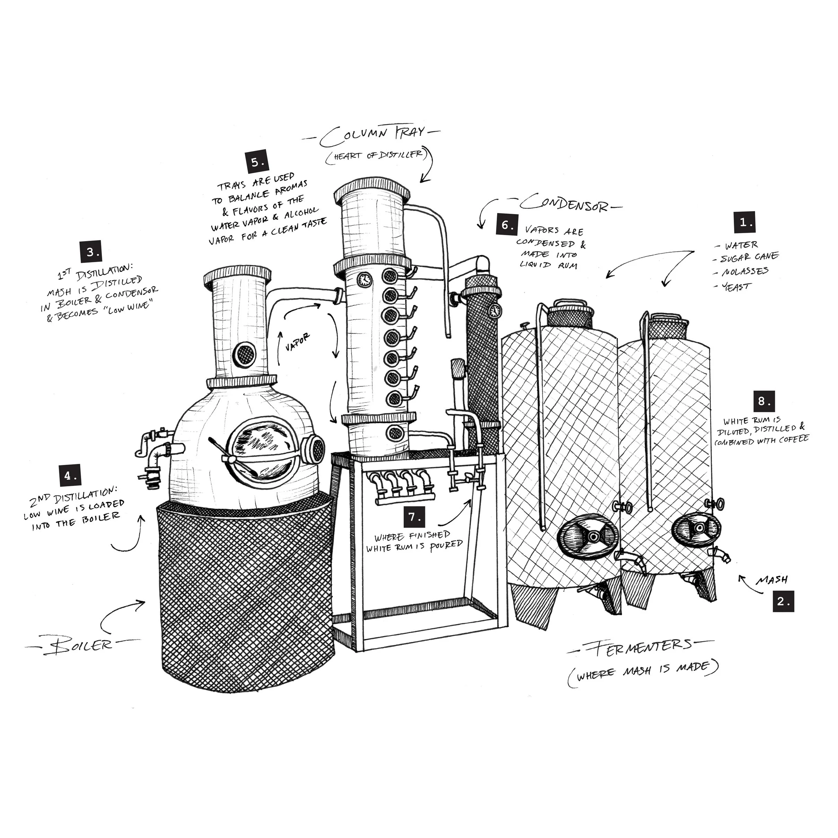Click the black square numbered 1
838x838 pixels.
pos(744,222)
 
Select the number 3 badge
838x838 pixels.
pos(91,252)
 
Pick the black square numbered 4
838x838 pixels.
pos(70,476)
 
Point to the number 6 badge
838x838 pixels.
pos(507,225)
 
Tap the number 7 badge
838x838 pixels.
pos(414,517)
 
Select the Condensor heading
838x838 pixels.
pos(565,203)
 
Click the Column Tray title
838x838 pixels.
pos(372,136)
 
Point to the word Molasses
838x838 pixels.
pos(745,272)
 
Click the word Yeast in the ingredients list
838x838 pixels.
pos(736,286)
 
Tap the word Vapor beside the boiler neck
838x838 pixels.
pos(298,342)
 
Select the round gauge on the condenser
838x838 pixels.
pos(494,310)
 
